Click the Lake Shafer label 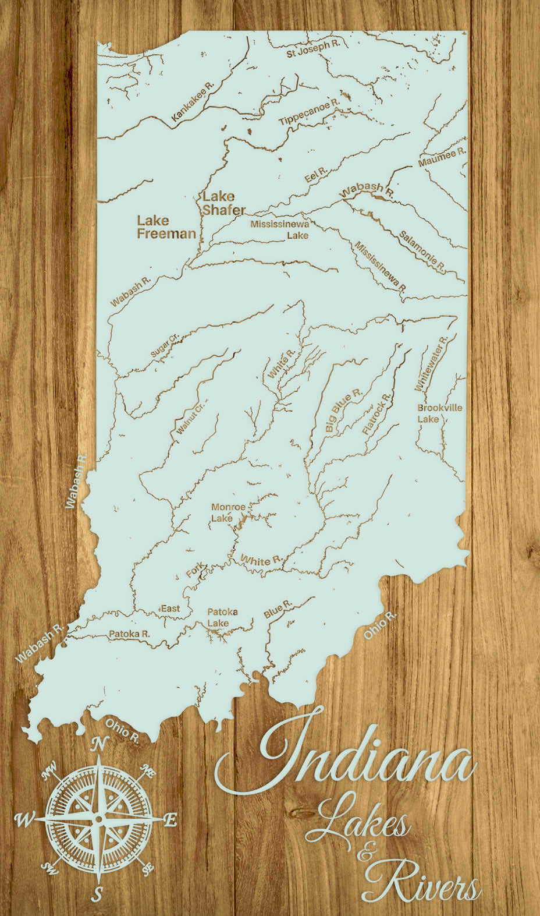[x=223, y=203]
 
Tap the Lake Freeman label [x=166, y=227]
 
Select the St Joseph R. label [x=312, y=49]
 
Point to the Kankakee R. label [x=193, y=101]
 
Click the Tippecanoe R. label [x=308, y=112]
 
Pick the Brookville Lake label [x=439, y=413]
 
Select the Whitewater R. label [x=431, y=363]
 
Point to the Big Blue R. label [x=343, y=411]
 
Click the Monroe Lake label [x=228, y=512]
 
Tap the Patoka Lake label [x=222, y=617]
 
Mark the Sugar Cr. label [x=165, y=346]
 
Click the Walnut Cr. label [x=191, y=419]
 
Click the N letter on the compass [x=100, y=744]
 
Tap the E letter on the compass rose [x=170, y=820]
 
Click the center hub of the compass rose [x=98, y=819]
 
